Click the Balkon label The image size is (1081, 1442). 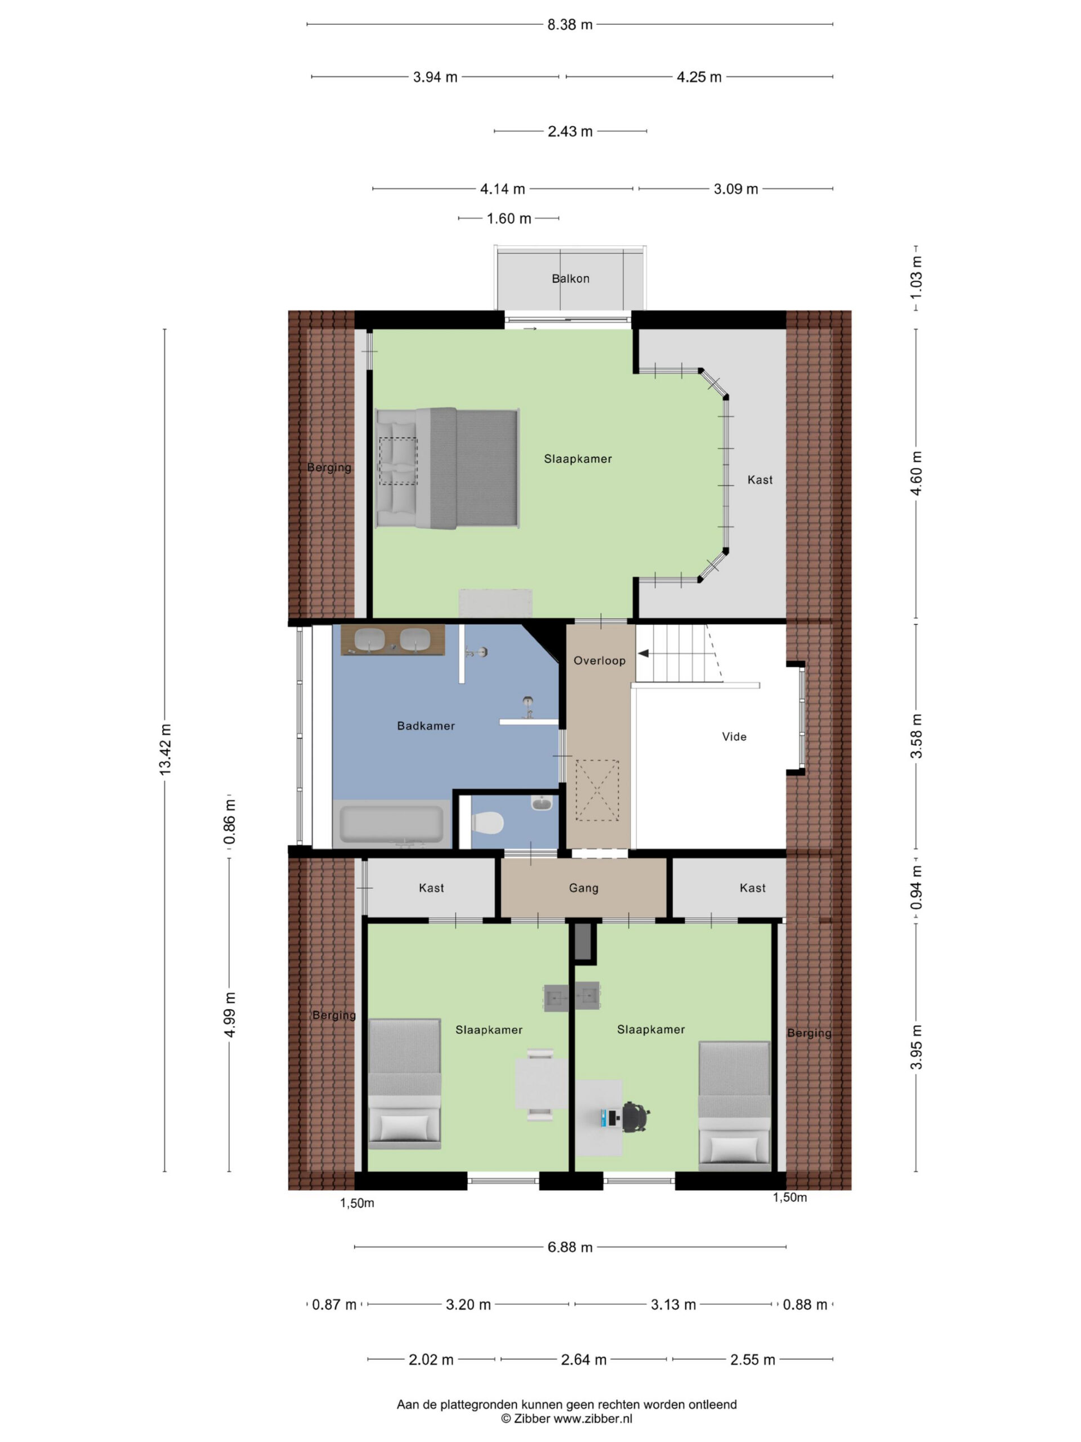pyautogui.click(x=570, y=278)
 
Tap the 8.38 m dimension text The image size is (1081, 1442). pyautogui.click(x=570, y=25)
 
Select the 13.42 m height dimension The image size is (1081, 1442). pyautogui.click(x=165, y=750)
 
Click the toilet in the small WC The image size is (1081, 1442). pyautogui.click(x=487, y=823)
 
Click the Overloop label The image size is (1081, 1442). pyautogui.click(x=600, y=660)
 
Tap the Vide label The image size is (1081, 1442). pyautogui.click(x=734, y=737)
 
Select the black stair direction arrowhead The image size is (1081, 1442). pyautogui.click(x=643, y=653)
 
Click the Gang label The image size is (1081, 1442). pyautogui.click(x=583, y=888)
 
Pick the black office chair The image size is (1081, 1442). pyautogui.click(x=635, y=1118)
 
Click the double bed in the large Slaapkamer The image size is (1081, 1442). pyautogui.click(x=448, y=468)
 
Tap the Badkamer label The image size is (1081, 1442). pyautogui.click(x=426, y=726)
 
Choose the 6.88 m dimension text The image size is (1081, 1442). pyautogui.click(x=570, y=1247)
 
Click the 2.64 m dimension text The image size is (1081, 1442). pyautogui.click(x=584, y=1360)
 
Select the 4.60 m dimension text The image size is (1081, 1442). pyautogui.click(x=916, y=473)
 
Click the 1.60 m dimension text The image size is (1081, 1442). pyautogui.click(x=509, y=219)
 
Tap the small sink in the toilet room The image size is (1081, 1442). pyautogui.click(x=542, y=803)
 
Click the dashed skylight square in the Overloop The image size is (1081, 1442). pyautogui.click(x=597, y=790)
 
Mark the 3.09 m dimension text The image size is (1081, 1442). pyautogui.click(x=736, y=189)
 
